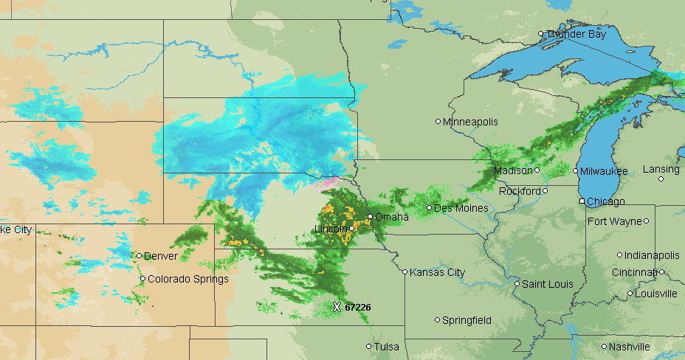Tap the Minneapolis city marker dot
438,122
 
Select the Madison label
513,170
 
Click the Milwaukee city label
604,171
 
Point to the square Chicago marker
582,201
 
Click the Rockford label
520,191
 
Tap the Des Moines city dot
429,208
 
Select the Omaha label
391,217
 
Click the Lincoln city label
331,229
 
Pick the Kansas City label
438,272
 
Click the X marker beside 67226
337,307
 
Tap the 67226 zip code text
358,307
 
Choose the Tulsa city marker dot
369,347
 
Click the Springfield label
467,320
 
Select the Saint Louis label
548,284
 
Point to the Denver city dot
139,256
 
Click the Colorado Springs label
187,279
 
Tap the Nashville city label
630,347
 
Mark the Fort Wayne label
614,221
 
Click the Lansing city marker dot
661,179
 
